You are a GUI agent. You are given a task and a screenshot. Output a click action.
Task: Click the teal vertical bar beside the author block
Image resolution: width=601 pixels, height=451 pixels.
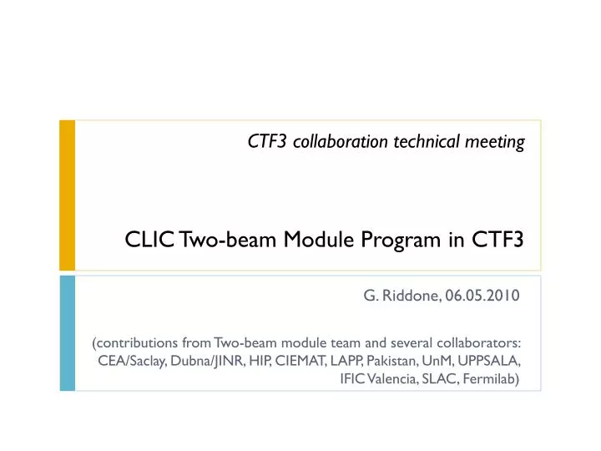[x=67, y=333]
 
